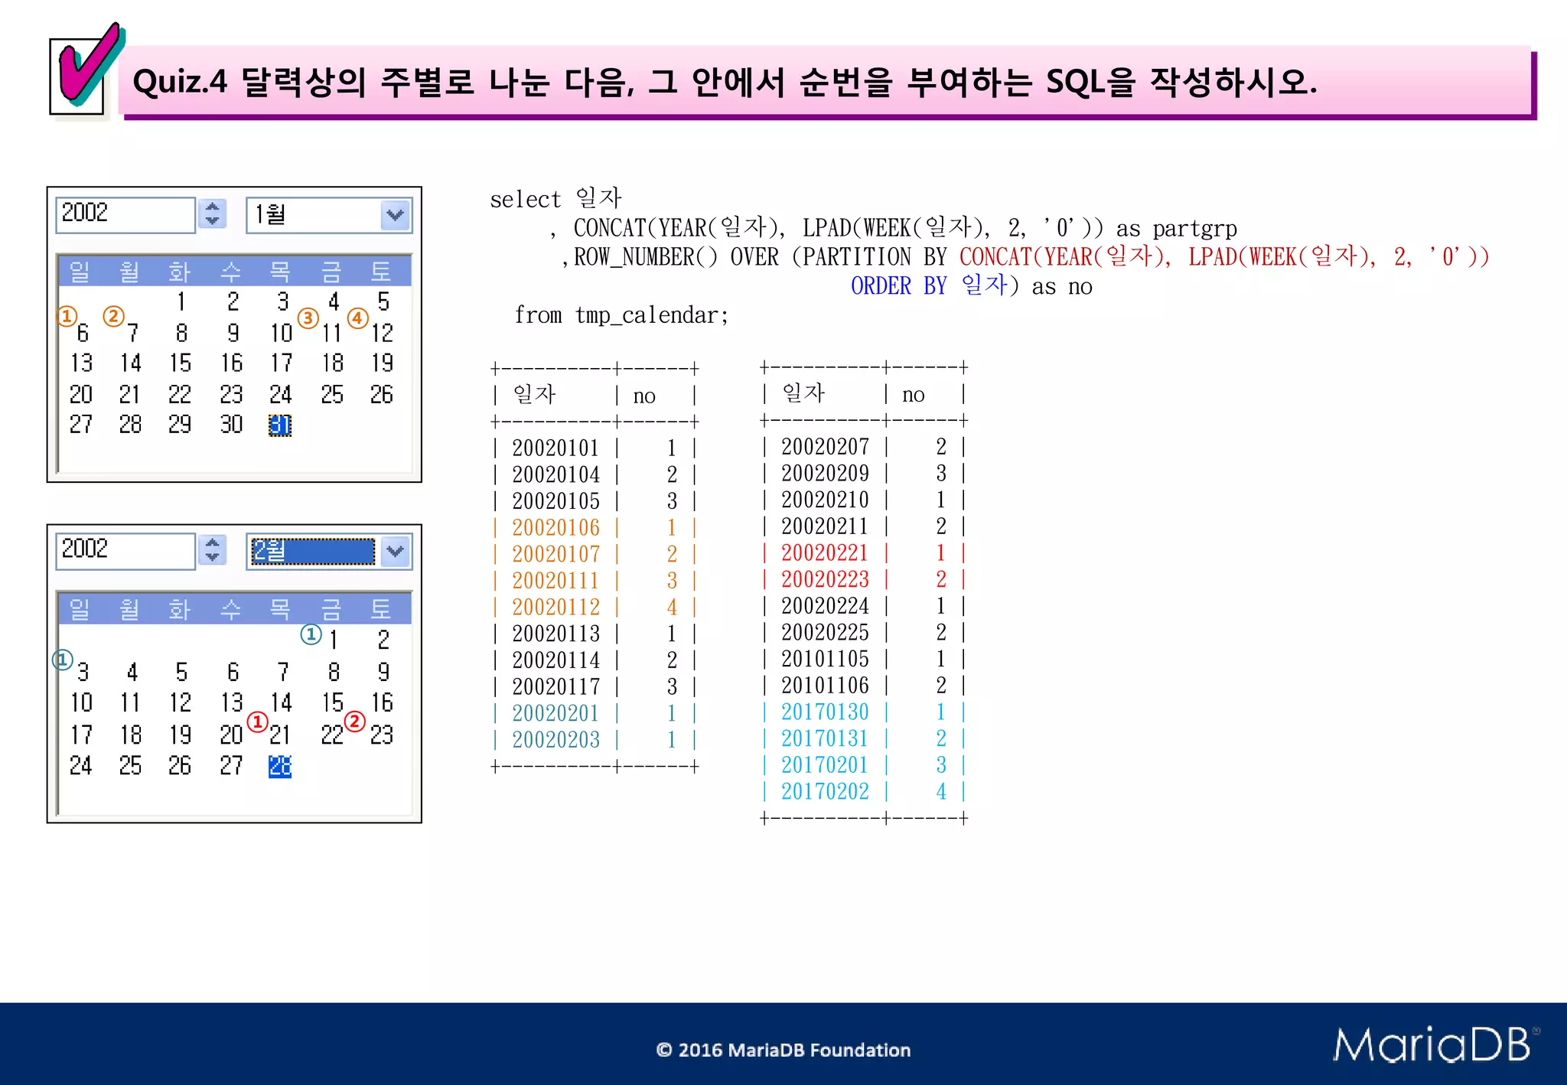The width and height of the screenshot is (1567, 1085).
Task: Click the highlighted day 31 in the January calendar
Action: click(x=280, y=425)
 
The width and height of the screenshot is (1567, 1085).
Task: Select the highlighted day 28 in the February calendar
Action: click(x=280, y=766)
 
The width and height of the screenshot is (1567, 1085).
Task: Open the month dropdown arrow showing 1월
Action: click(x=396, y=215)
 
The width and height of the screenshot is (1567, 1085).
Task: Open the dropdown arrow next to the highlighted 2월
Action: click(x=396, y=551)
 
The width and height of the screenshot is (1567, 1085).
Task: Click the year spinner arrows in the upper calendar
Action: click(x=213, y=213)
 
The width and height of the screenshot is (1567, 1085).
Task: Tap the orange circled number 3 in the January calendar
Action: click(x=308, y=318)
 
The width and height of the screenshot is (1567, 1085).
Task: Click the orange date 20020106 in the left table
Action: click(x=555, y=528)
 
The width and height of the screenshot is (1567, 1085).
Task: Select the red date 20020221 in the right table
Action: click(x=824, y=553)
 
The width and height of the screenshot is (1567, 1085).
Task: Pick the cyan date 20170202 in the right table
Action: click(x=824, y=792)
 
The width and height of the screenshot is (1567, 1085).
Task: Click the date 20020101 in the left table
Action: click(x=555, y=448)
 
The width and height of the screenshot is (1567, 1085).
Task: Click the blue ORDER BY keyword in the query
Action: click(x=898, y=286)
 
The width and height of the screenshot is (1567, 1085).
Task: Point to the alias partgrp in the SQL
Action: click(x=1194, y=229)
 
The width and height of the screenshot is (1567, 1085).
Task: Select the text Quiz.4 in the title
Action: click(x=180, y=82)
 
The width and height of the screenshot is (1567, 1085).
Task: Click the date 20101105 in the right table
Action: click(x=824, y=659)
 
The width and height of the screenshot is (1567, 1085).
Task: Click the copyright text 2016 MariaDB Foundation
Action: click(x=783, y=1050)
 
